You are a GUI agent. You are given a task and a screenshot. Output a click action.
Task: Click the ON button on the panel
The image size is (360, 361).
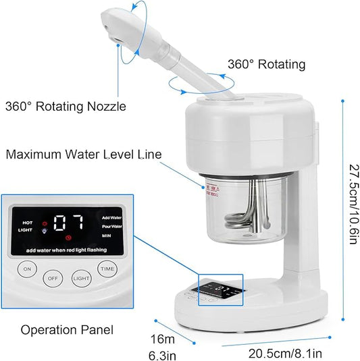coord(28,269)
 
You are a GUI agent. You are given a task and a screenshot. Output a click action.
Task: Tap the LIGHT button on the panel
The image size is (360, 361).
coord(81,278)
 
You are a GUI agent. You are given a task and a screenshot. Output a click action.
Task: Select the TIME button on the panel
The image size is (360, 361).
coord(107,269)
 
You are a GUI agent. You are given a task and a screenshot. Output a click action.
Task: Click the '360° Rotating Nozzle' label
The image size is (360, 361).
coord(66,106)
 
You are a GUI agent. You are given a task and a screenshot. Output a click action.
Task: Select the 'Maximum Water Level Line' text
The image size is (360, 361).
coord(84,155)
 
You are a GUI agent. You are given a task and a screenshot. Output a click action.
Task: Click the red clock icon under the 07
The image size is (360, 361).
coord(68,238)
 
